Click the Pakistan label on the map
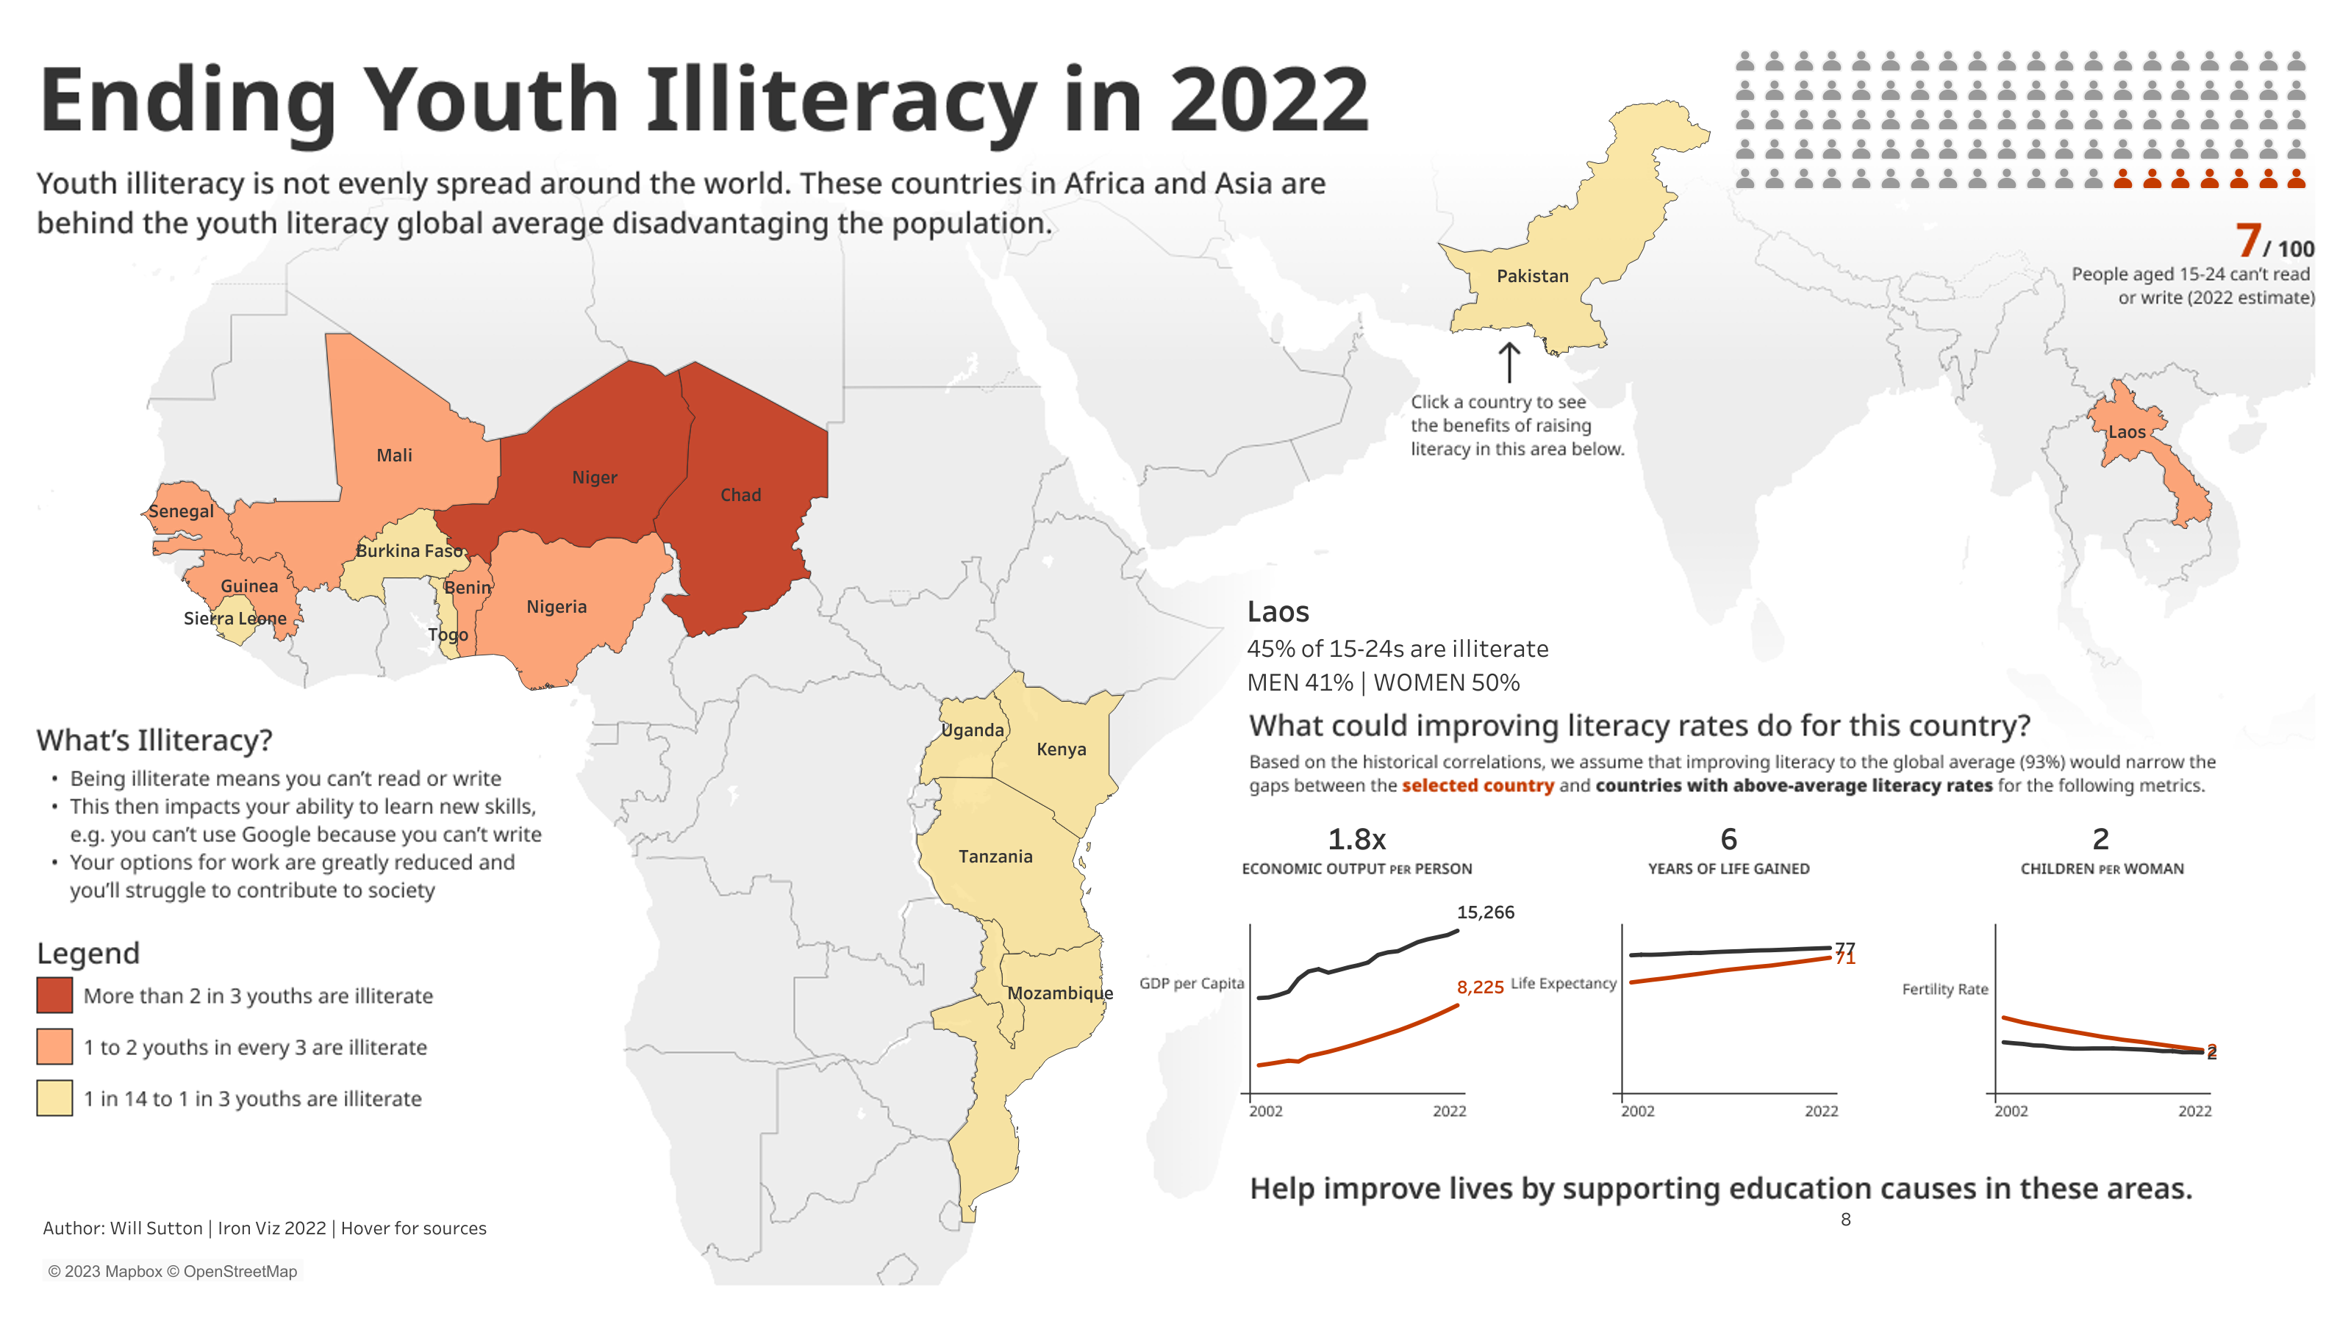(x=1532, y=276)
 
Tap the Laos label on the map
(x=2127, y=431)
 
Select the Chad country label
(x=740, y=494)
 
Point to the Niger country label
(x=594, y=477)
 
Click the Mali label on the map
(x=394, y=454)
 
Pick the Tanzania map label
(x=995, y=856)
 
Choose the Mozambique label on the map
(x=1059, y=993)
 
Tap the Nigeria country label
(x=556, y=607)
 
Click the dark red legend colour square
(x=54, y=996)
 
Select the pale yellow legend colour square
(x=54, y=1098)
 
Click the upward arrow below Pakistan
(x=1509, y=362)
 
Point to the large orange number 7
(x=2248, y=241)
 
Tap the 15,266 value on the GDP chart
(x=1485, y=913)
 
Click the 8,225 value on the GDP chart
(x=1479, y=987)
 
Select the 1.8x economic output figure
(x=1356, y=838)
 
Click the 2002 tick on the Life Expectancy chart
(x=1637, y=1110)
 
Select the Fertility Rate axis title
(x=1945, y=989)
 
